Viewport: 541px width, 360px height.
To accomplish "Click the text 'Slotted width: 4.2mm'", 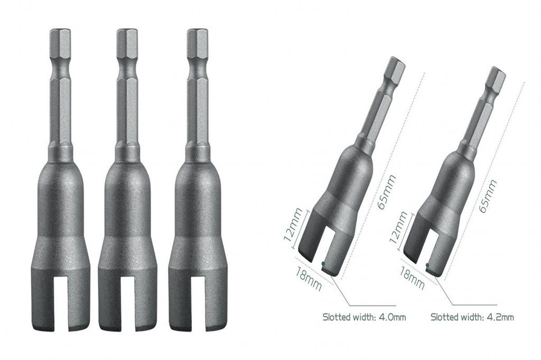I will (472, 317).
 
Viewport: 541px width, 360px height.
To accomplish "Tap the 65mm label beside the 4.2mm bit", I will (487, 195).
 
